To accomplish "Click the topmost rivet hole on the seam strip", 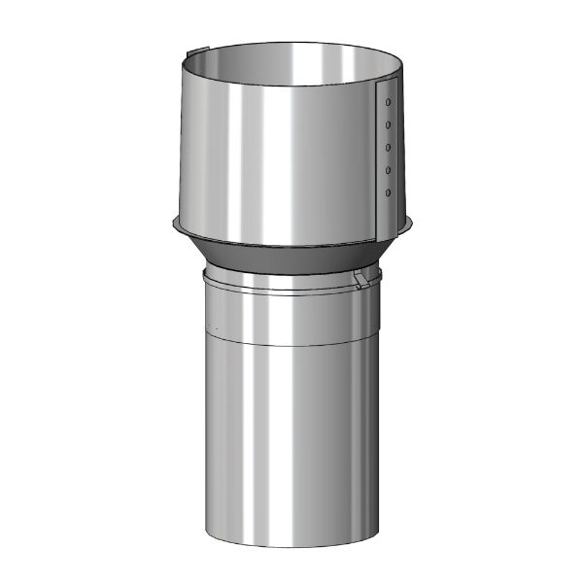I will (x=389, y=101).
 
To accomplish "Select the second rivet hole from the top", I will (x=389, y=124).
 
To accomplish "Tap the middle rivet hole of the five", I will (x=389, y=148).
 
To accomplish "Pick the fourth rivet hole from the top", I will (x=389, y=171).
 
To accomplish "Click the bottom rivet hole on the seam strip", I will (x=389, y=193).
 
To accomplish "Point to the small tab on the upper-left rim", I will (x=194, y=49).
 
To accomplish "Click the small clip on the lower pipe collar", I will (x=361, y=281).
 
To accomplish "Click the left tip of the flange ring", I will (x=168, y=226).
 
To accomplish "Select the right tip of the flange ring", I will (x=419, y=226).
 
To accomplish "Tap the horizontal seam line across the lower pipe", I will (x=291, y=343).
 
